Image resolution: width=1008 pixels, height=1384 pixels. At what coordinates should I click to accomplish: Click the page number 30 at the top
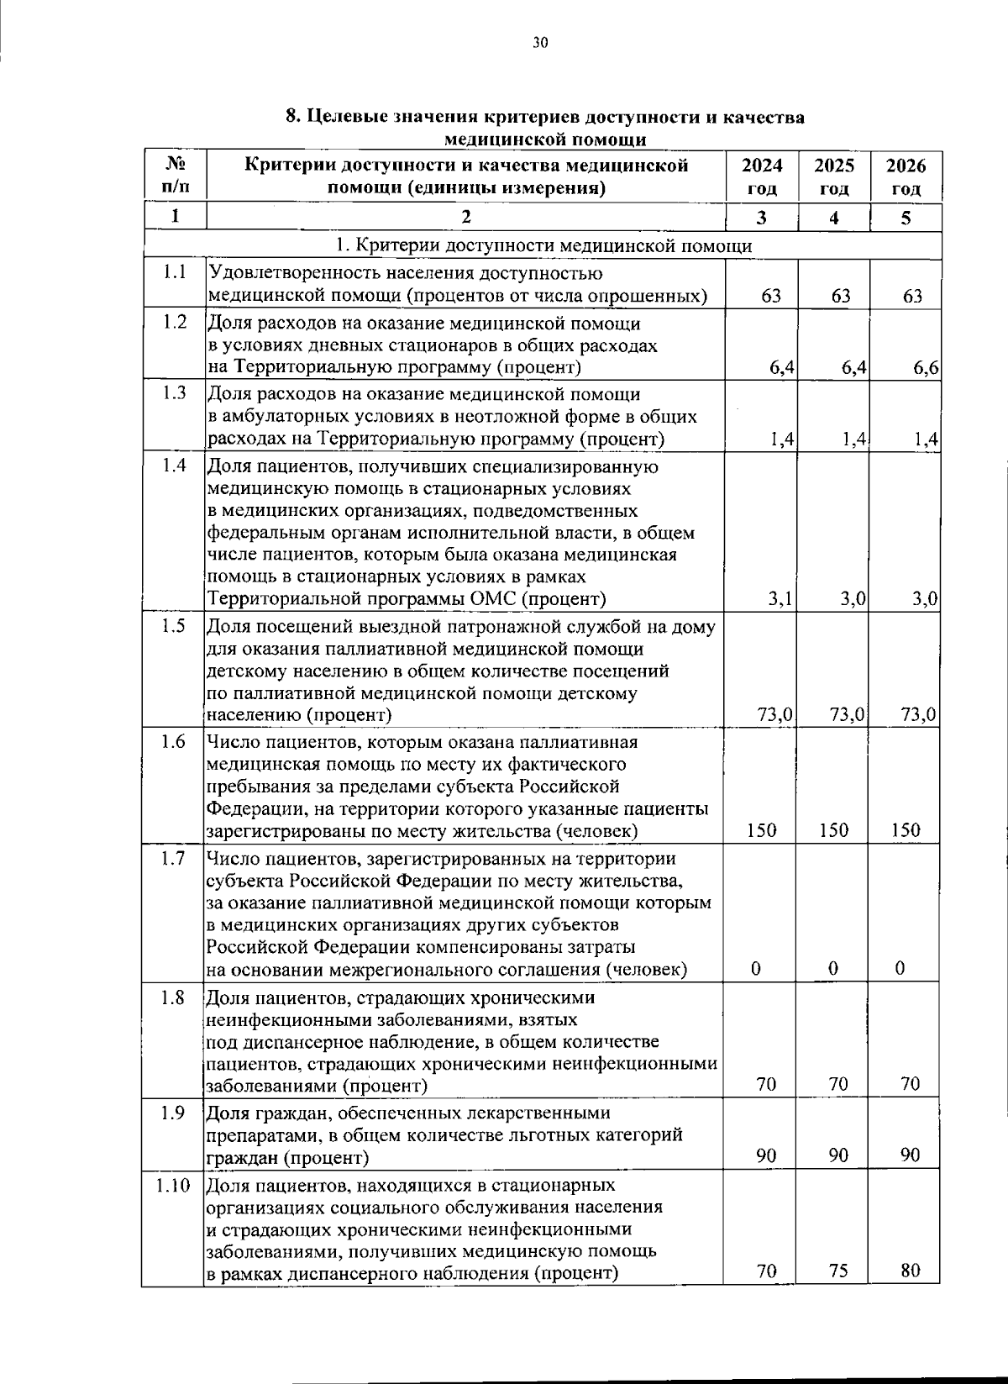point(539,43)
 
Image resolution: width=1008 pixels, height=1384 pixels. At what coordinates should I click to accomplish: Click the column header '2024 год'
point(762,176)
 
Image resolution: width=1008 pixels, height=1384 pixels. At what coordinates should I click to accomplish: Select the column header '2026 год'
point(906,176)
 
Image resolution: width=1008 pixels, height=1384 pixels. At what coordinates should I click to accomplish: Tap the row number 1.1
point(174,272)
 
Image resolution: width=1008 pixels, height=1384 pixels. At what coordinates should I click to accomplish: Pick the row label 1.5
point(174,626)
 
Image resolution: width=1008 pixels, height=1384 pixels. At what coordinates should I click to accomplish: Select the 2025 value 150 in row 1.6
point(834,830)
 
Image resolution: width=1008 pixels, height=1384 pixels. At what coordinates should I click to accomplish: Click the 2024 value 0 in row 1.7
point(756,969)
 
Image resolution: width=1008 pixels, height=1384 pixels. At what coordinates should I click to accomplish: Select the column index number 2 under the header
point(466,217)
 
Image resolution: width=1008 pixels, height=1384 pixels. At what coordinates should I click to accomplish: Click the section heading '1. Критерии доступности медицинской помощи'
point(543,245)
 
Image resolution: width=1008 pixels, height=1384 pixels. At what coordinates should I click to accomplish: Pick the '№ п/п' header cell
point(175,176)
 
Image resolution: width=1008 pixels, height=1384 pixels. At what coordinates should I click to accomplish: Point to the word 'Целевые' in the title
point(344,117)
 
